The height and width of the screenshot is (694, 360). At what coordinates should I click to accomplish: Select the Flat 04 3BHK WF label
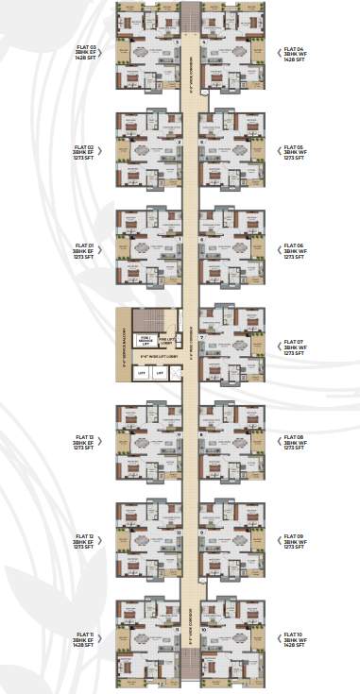pos(294,53)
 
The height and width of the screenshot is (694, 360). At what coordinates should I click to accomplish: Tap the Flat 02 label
pos(83,153)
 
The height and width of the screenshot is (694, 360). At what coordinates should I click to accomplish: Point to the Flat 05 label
pos(294,153)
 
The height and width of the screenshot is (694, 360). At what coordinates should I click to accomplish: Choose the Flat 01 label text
pos(83,250)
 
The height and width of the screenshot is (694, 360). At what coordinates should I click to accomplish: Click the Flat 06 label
pos(294,250)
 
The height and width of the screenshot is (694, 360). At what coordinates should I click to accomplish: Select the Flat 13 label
pos(83,443)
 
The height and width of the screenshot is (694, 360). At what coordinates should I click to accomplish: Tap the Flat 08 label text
pos(294,443)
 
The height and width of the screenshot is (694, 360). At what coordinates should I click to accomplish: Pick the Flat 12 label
pos(83,541)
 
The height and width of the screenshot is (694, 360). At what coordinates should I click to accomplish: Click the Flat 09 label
pos(294,541)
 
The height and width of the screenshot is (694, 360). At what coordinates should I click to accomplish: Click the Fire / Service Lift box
pos(146,341)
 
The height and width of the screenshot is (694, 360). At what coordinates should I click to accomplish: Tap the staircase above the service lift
pos(146,319)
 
